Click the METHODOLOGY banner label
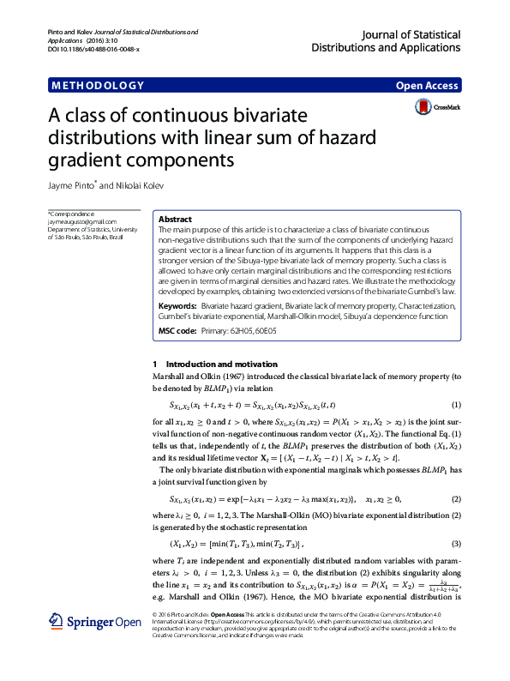(x=97, y=86)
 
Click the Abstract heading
(x=176, y=220)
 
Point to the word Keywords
(x=177, y=305)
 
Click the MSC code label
(x=177, y=330)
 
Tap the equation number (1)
(x=456, y=405)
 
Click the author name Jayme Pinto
(x=69, y=184)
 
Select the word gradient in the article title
(x=85, y=160)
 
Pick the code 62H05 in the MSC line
(x=251, y=330)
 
